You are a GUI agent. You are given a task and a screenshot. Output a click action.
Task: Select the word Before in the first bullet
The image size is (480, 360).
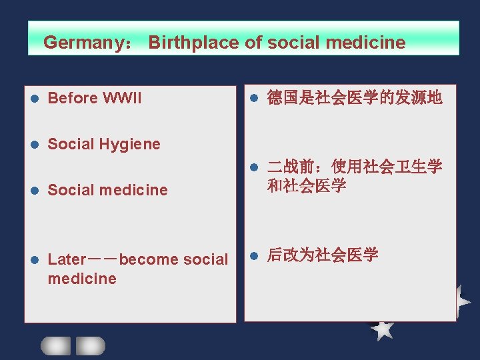(x=73, y=98)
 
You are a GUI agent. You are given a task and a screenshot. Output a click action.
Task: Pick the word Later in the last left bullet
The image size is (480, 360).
(x=67, y=259)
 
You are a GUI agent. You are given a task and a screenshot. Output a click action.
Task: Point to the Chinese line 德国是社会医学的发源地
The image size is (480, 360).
(x=354, y=98)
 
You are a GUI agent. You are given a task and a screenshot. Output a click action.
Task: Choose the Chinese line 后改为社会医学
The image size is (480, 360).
(x=323, y=255)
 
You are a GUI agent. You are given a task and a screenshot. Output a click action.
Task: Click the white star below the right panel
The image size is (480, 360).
(x=382, y=328)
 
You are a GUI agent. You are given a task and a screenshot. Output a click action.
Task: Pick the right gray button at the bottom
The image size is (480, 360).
(x=90, y=345)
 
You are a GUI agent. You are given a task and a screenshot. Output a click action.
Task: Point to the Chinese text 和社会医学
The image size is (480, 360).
(x=307, y=186)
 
